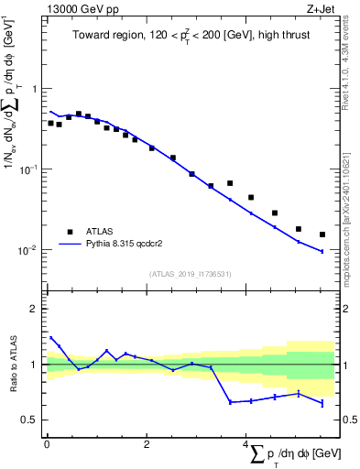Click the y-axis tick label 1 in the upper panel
point(36,89)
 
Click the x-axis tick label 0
point(46,445)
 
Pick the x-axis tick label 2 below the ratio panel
point(147,445)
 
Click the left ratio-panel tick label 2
point(36,309)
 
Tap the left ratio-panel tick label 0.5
point(32,420)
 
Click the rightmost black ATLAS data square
point(322,234)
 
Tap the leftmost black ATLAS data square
point(50,123)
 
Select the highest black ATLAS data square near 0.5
point(78,114)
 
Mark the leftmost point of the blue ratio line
point(50,337)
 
